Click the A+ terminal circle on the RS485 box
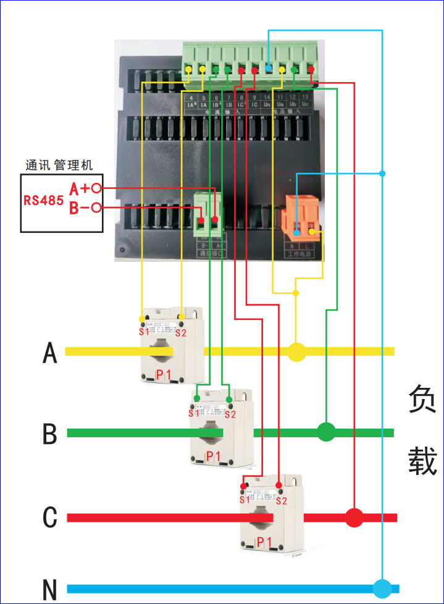pos(96,187)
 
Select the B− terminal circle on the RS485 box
pos(96,208)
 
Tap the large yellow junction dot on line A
pos(297,352)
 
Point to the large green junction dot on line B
pos(326,432)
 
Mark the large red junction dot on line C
pos(354,518)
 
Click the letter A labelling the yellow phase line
pos(50,353)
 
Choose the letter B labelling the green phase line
pos(50,434)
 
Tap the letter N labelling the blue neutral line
pos(50,590)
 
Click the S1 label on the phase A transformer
pos(144,333)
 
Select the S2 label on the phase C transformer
pos(282,501)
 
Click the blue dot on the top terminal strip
pos(269,69)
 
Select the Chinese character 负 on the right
pos(422,400)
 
